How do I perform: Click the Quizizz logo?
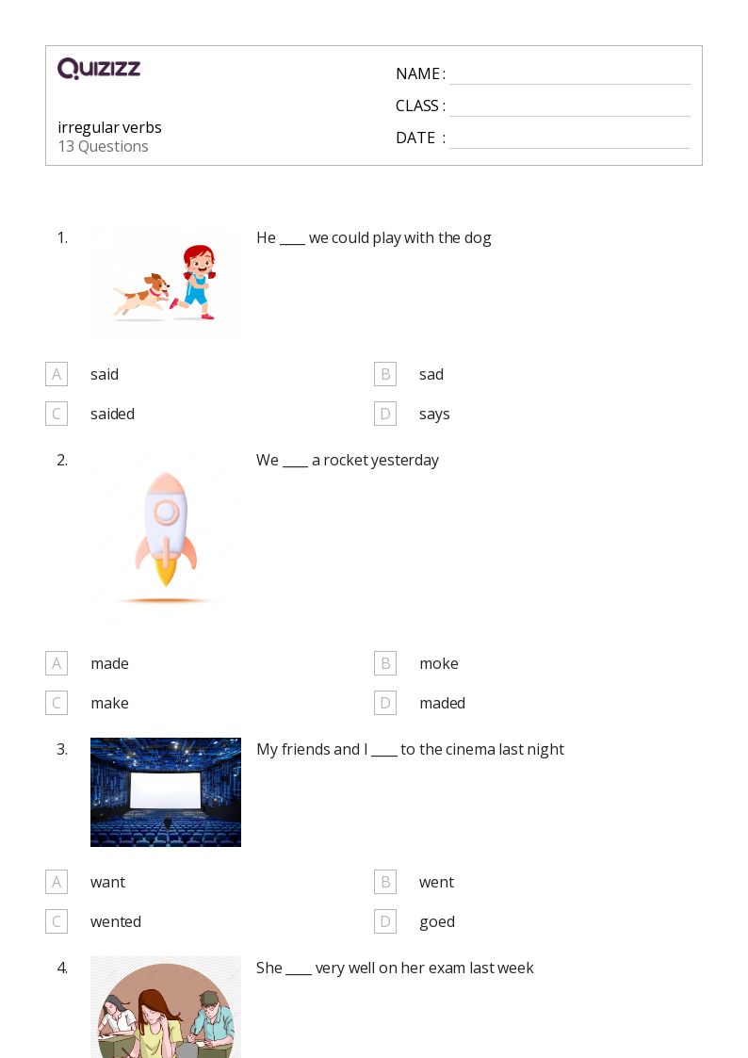(x=99, y=68)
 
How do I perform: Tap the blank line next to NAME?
(x=570, y=85)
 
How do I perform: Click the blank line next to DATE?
(x=570, y=148)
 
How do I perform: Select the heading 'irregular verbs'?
(x=109, y=127)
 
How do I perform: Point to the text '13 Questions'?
(x=104, y=146)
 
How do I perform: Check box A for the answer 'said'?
(x=57, y=374)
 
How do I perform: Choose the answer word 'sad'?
(x=431, y=374)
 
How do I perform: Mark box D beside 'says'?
(x=385, y=414)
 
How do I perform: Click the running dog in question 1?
(x=141, y=294)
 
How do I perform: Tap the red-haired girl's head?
(x=199, y=260)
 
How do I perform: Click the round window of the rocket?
(x=166, y=513)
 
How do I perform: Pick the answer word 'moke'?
(x=439, y=664)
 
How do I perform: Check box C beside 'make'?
(x=57, y=703)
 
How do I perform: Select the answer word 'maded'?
(x=443, y=703)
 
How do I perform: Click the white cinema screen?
(x=165, y=790)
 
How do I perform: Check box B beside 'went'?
(x=385, y=882)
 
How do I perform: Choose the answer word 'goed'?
(x=437, y=922)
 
